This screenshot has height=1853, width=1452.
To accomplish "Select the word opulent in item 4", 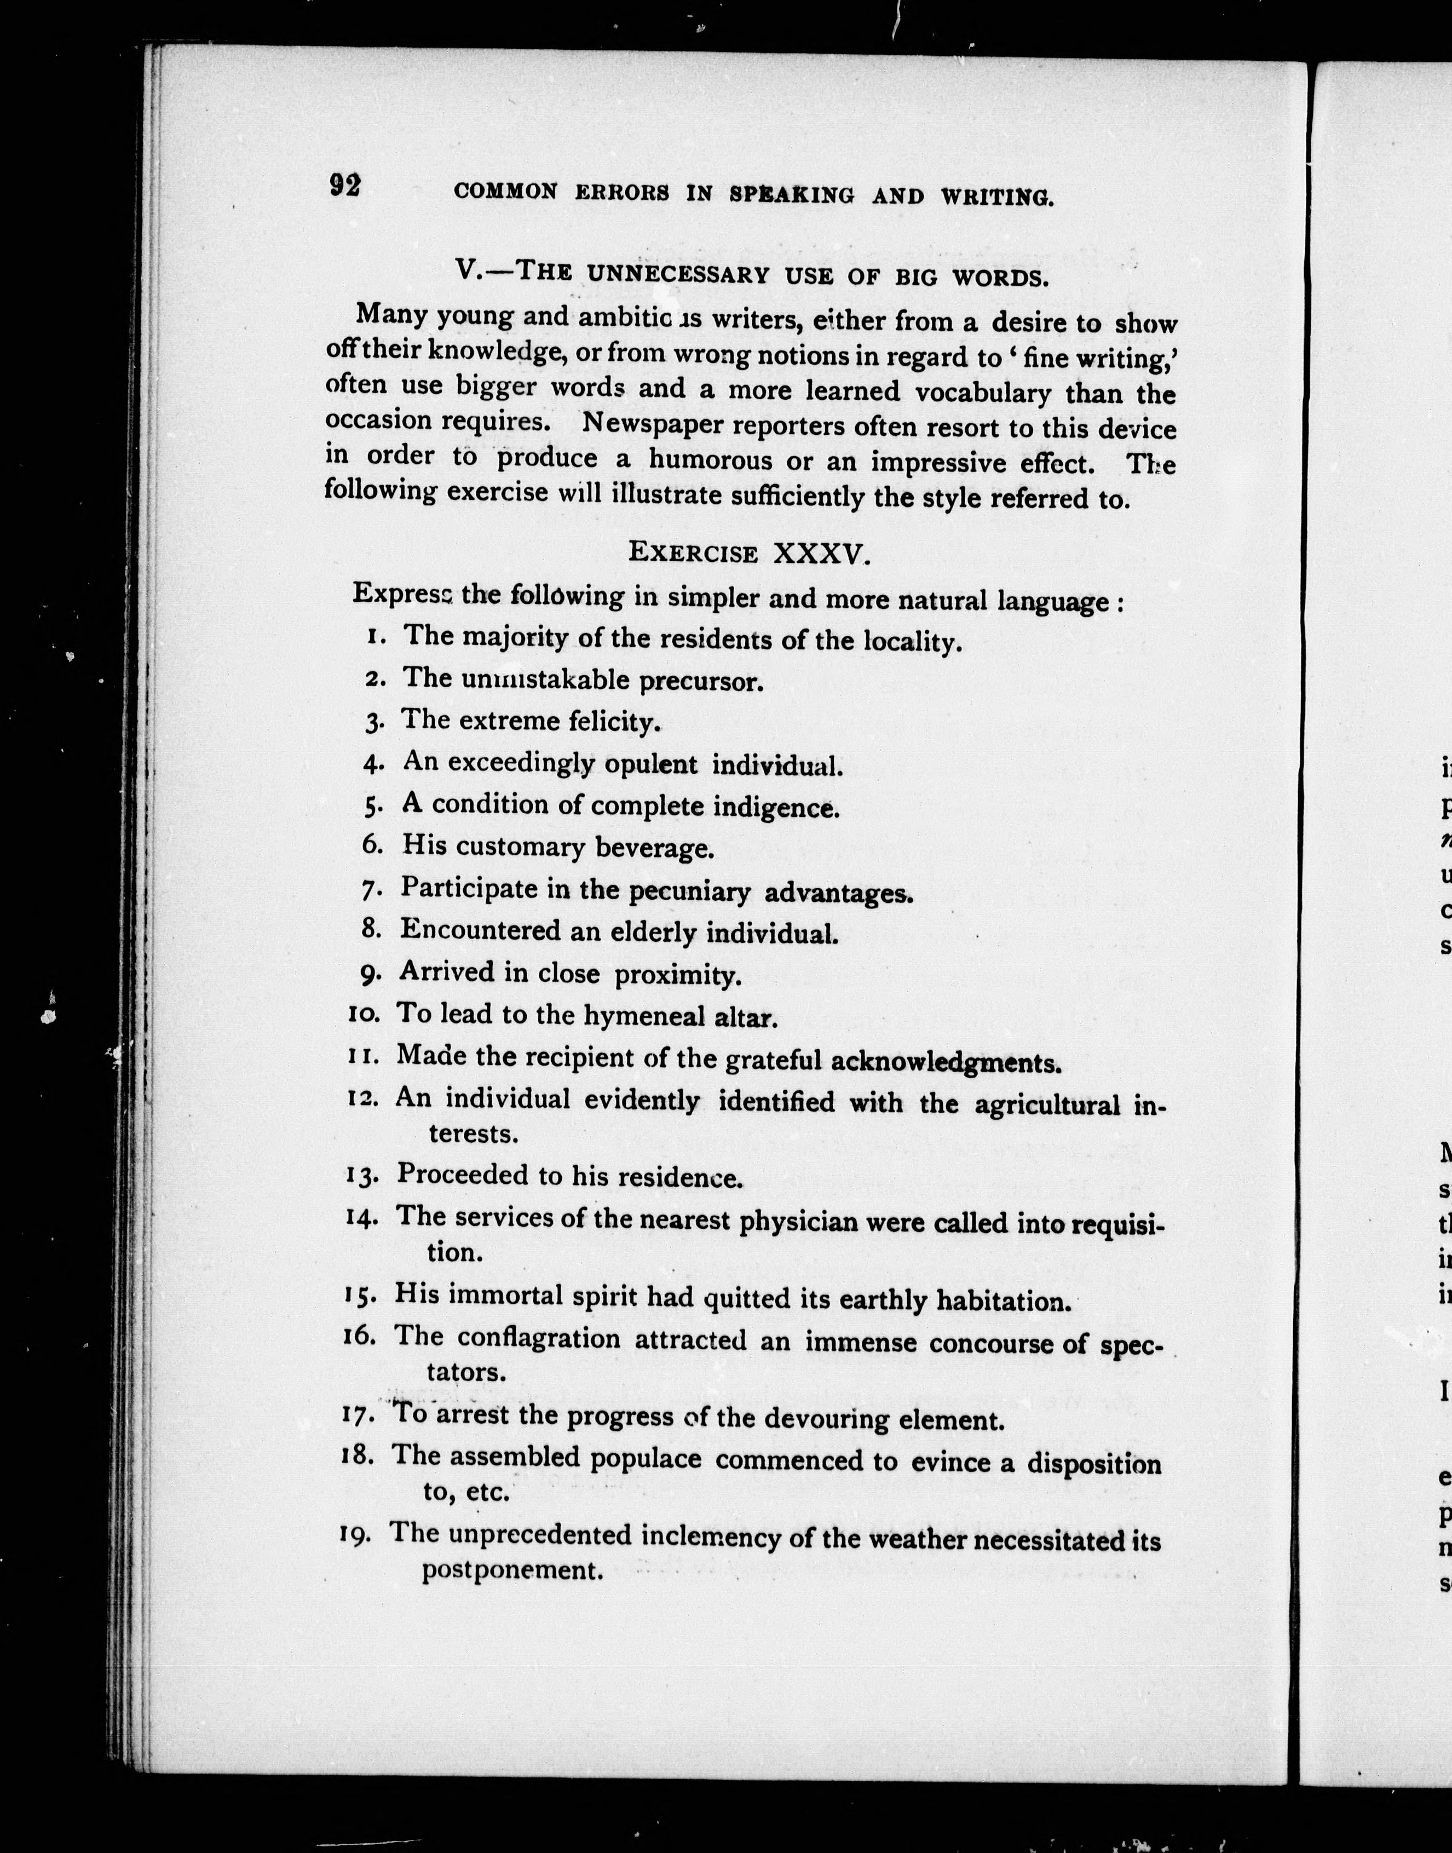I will coord(651,764).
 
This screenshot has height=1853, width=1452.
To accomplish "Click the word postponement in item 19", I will coord(512,1569).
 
